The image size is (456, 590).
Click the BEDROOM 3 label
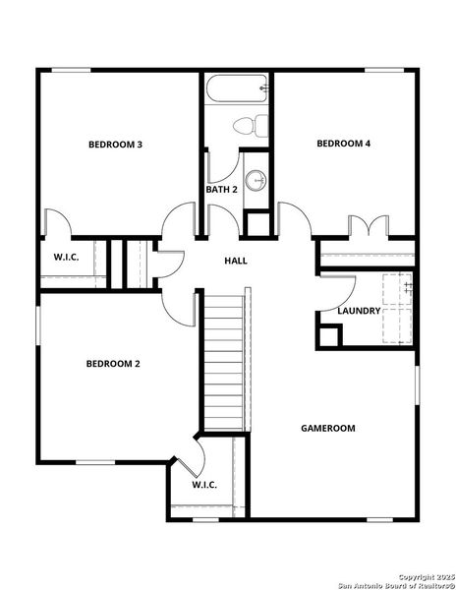click(x=116, y=145)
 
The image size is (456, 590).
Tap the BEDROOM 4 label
click(x=343, y=144)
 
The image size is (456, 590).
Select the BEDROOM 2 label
click(x=113, y=364)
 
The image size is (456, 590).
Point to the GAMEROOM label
click(x=327, y=429)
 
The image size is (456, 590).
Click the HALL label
click(x=236, y=261)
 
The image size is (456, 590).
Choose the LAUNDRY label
click(x=359, y=311)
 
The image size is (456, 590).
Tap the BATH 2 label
click(x=222, y=189)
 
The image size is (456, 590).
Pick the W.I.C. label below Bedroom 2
click(x=204, y=485)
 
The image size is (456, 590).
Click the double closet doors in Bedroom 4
click(x=365, y=226)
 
